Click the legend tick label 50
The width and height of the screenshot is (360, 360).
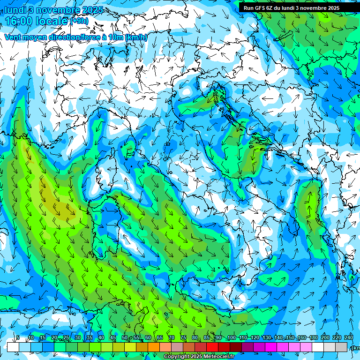(124, 338)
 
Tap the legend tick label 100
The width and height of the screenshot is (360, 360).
(231, 338)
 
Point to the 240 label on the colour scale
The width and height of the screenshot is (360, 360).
(348, 338)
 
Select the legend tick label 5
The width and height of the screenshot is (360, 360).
(18, 338)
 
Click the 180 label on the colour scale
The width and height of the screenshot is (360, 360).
(313, 338)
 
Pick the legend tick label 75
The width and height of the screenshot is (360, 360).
(183, 338)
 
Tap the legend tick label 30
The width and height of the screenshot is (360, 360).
(77, 338)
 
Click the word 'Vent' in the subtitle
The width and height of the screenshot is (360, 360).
(13, 37)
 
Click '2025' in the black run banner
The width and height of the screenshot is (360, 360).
(333, 8)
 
